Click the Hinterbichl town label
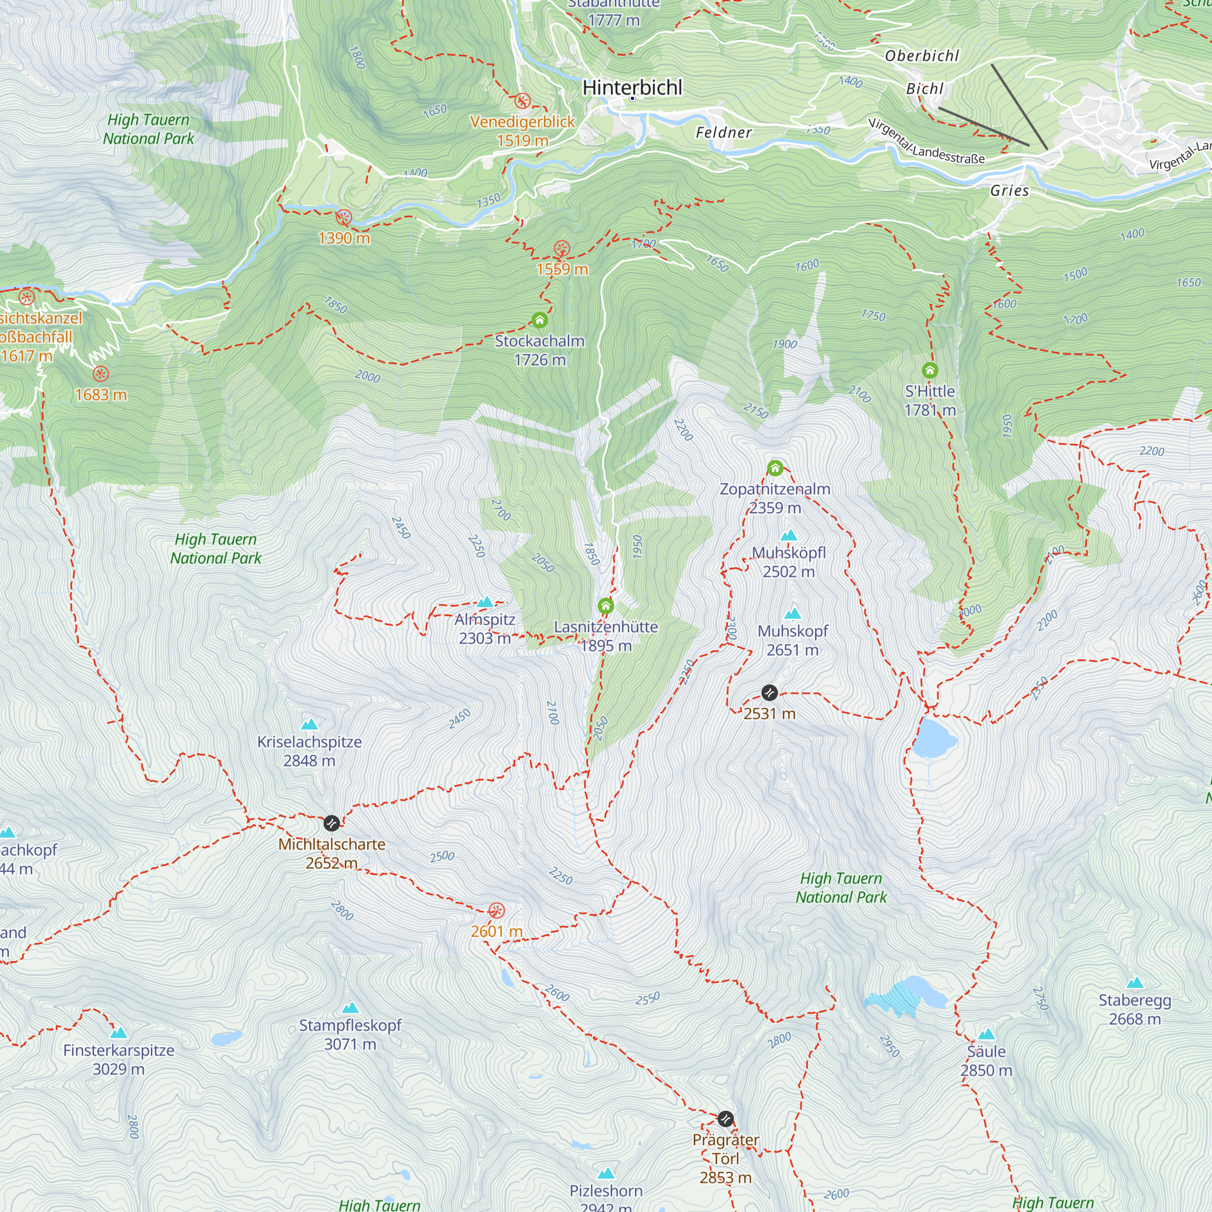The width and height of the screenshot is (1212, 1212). coord(631,87)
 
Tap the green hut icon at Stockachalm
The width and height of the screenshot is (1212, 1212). coord(539,321)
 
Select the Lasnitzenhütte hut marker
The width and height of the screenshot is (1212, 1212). coord(605,605)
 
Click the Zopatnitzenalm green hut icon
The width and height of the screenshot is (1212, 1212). coord(776,468)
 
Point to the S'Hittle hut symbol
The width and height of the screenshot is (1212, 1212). coord(930,370)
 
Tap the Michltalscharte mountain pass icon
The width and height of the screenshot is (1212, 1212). coord(332,822)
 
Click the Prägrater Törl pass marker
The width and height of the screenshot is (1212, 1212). coord(725,1119)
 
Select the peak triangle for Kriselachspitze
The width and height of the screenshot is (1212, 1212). coord(309,725)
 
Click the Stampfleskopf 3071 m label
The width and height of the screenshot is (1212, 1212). coord(350,1034)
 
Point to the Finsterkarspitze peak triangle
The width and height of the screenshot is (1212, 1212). coord(119,1033)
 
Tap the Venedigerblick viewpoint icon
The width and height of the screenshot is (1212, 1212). coord(522,101)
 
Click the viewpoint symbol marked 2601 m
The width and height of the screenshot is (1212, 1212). coord(496,910)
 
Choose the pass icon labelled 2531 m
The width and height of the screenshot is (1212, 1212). coord(770,693)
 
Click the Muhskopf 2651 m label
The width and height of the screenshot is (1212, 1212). coord(792,640)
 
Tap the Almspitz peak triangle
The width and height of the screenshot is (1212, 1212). coord(485,602)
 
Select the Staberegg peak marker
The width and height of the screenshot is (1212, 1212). coord(1135,983)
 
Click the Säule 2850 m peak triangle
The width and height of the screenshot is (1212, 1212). coord(986,1034)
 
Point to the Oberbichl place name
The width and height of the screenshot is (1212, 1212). coord(922,56)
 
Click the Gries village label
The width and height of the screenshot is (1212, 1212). coord(1010,191)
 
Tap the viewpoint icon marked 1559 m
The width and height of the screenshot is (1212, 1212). coord(562,248)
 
